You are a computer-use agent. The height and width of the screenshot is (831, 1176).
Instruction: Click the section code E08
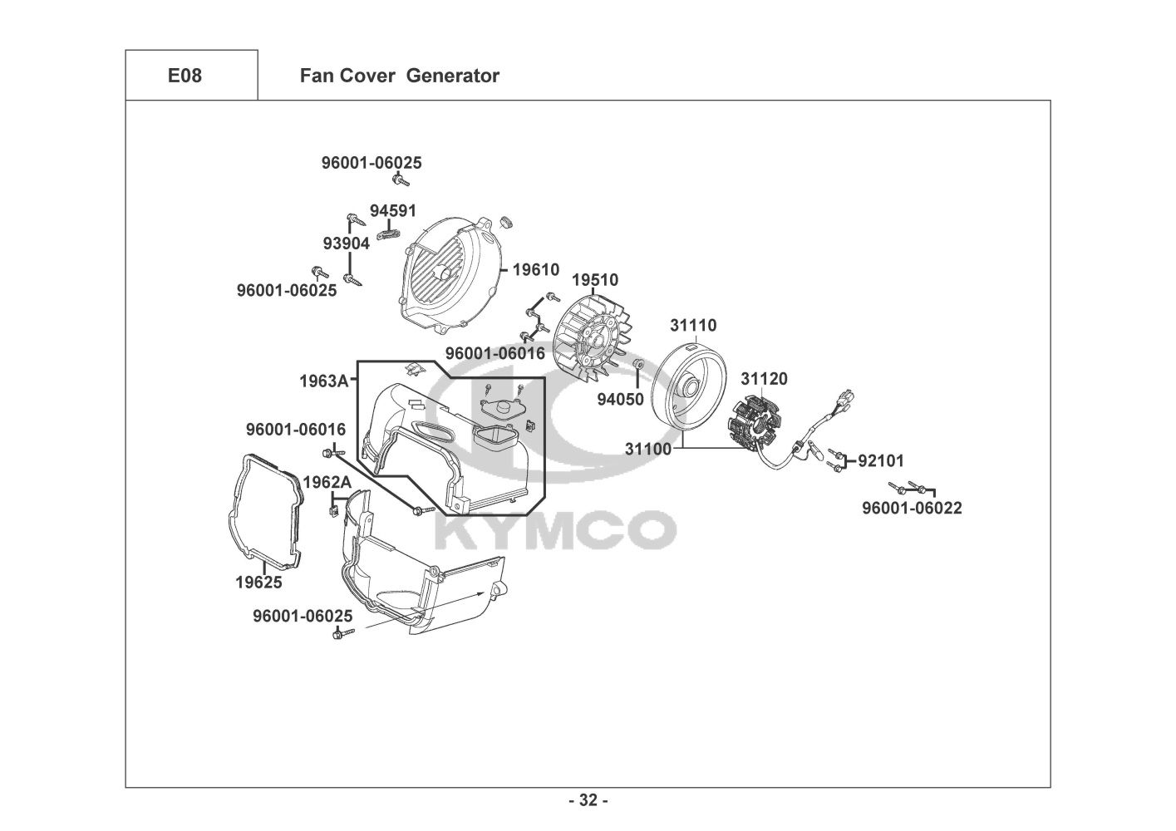pos(185,76)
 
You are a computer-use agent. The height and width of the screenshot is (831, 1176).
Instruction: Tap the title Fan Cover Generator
pos(399,76)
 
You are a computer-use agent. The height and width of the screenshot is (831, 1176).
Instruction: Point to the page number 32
pos(588,801)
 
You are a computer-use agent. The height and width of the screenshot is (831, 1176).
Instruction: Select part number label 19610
pos(535,270)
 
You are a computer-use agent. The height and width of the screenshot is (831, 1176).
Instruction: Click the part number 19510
pos(594,280)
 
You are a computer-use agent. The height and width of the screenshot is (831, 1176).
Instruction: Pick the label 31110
pos(693,325)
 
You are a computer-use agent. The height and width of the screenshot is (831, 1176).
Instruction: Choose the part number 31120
pos(764,379)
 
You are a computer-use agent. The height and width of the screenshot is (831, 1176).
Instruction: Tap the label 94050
pos(620,400)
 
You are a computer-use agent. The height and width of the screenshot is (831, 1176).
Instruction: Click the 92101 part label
pos(881,461)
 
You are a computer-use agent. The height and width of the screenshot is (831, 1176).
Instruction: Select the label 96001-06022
pos(912,508)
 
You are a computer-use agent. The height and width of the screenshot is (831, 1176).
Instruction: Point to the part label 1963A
pos(324,381)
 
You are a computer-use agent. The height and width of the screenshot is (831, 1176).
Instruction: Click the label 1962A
pos(327,483)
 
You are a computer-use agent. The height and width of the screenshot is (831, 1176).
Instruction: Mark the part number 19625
pos(258,583)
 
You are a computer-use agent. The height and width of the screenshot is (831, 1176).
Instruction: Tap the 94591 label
pos(393,211)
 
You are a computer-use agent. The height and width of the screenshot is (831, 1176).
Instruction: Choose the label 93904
pos(346,243)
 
